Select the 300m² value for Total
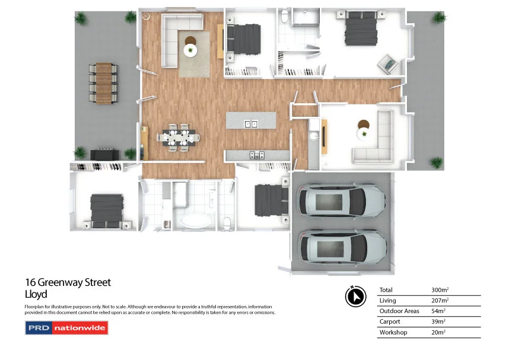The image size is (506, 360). coord(440,290)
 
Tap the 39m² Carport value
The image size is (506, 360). coord(439,322)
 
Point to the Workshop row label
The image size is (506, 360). coord(393,333)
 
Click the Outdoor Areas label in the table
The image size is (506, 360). coord(399,311)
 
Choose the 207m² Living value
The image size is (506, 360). coord(440,301)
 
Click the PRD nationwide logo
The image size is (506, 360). coord(66,327)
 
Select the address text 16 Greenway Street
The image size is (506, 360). coord(68,283)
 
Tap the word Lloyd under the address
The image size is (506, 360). coord(36,294)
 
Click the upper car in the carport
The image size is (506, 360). coord(342,202)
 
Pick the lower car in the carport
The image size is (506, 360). coord(343,246)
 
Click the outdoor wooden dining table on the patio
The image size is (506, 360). coord(104,83)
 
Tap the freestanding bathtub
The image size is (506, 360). coord(195,222)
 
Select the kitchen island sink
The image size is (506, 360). coord(252,124)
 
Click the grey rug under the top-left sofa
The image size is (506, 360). coord(194,53)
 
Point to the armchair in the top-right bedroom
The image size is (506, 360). coord(389,62)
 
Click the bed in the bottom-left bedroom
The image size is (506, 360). coord(106,210)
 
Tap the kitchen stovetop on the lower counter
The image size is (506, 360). coord(256,155)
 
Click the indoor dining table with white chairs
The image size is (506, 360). coord(178,138)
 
